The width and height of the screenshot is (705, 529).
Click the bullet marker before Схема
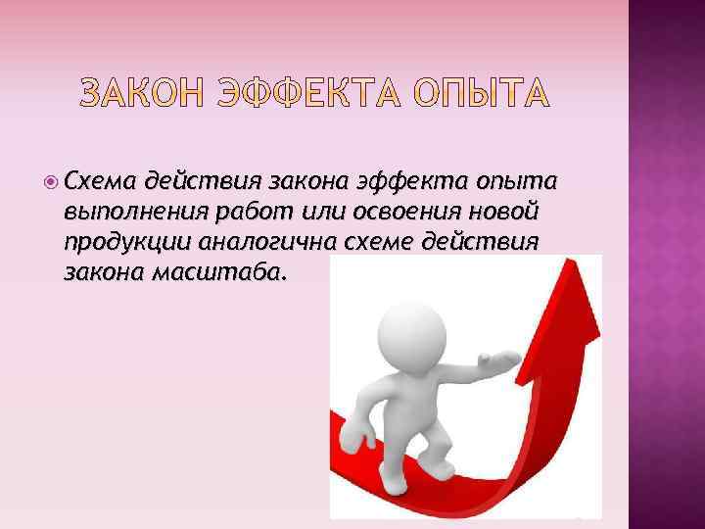[x=50, y=181]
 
